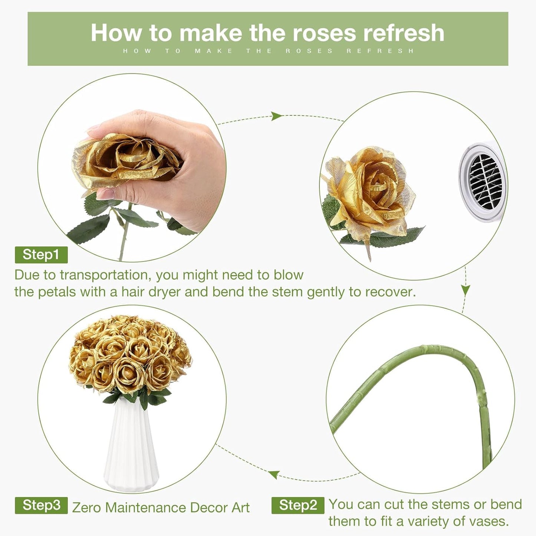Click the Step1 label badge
(x=41, y=254)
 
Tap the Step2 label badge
(x=298, y=505)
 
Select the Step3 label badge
(x=41, y=505)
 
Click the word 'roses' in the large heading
(x=324, y=33)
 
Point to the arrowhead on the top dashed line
(x=276, y=116)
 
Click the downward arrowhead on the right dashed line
(x=466, y=290)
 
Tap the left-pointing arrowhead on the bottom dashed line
(x=274, y=474)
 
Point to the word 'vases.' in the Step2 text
(x=488, y=521)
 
